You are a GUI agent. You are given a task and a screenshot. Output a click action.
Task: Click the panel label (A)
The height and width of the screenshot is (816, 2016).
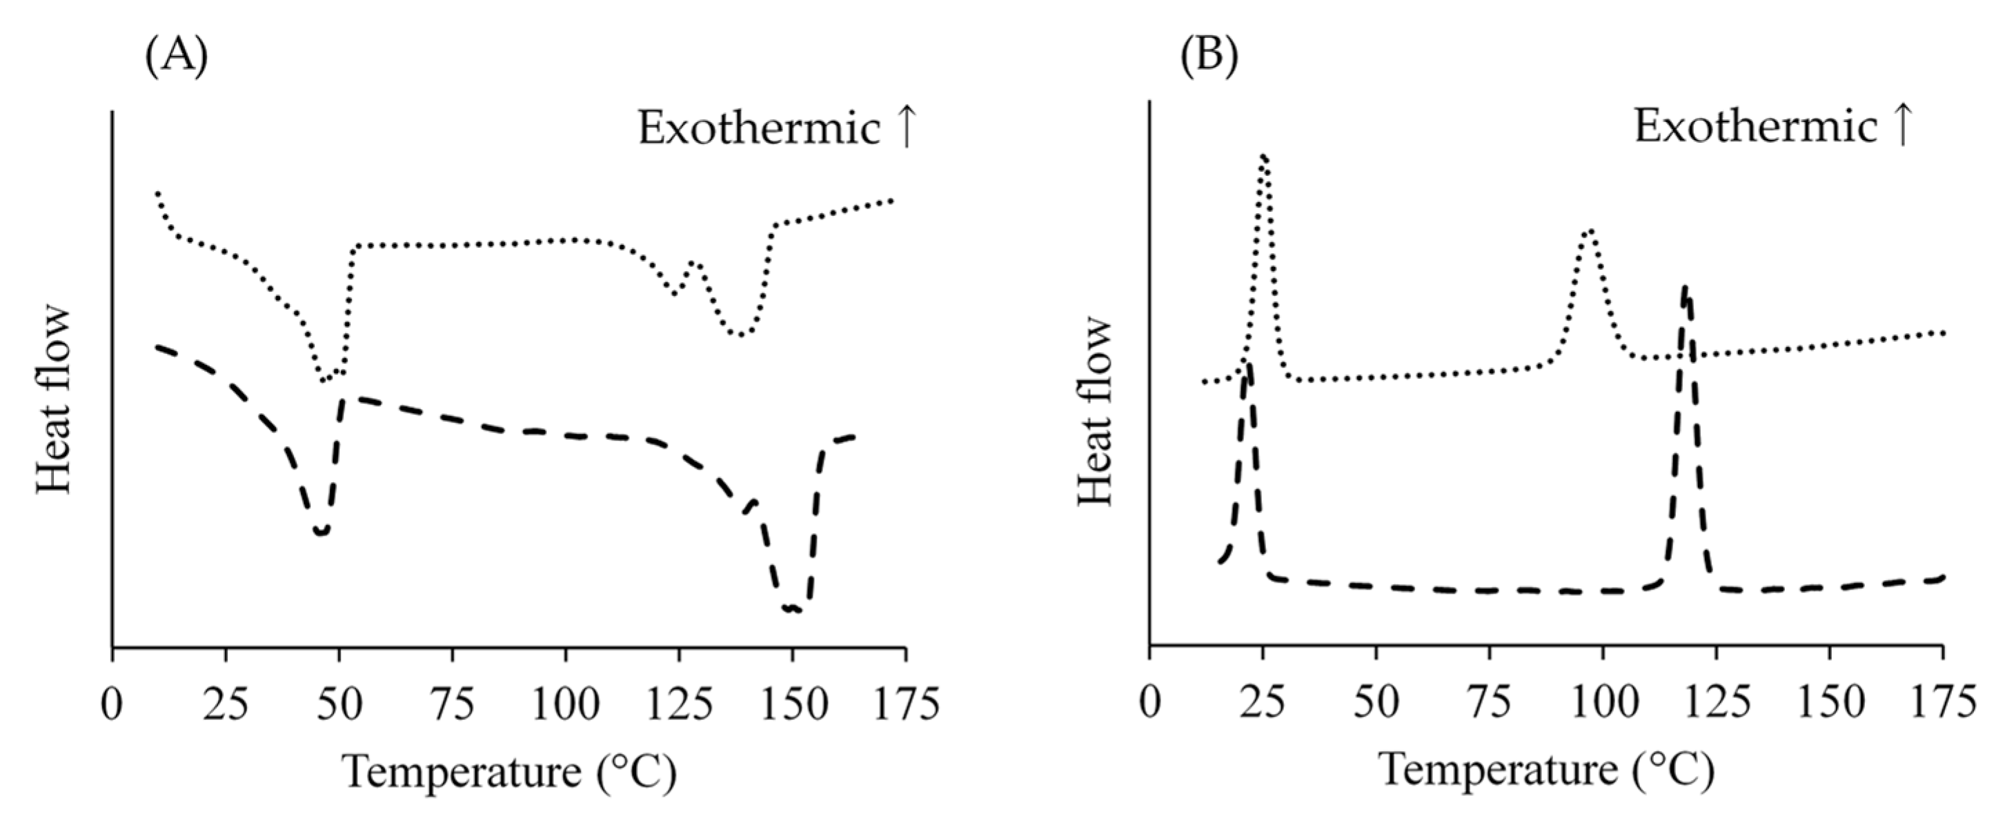pyautogui.click(x=177, y=59)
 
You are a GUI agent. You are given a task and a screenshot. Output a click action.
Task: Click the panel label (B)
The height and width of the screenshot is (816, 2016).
pyautogui.click(x=1209, y=59)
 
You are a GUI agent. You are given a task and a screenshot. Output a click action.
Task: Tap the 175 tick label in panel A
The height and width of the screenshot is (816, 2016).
pyautogui.click(x=905, y=704)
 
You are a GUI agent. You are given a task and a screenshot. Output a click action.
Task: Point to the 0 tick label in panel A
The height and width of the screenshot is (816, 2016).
pyautogui.click(x=112, y=704)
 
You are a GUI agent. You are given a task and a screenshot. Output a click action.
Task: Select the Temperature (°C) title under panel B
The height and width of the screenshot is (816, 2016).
pyautogui.click(x=1546, y=772)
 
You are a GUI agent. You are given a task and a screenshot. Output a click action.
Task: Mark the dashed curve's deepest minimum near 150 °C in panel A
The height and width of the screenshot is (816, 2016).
pyautogui.click(x=791, y=608)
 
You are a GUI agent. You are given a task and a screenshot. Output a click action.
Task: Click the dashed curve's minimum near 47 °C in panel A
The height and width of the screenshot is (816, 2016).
pyautogui.click(x=321, y=532)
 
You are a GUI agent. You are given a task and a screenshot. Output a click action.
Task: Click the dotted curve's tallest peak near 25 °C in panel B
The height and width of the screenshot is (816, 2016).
pyautogui.click(x=1263, y=157)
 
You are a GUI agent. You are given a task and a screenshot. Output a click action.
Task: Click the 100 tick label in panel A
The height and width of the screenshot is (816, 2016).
pyautogui.click(x=565, y=704)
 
